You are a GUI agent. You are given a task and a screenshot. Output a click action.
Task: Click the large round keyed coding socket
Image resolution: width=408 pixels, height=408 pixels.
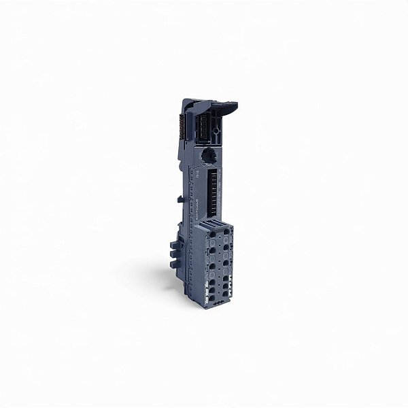(x=209, y=155)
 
